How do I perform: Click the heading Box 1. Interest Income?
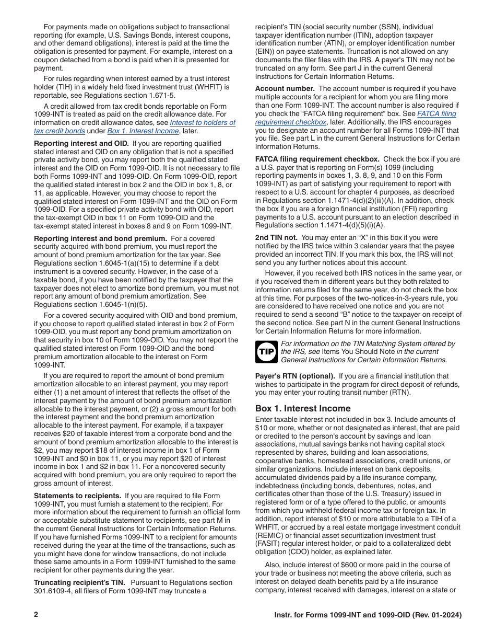(303, 408)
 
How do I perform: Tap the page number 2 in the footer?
(36, 615)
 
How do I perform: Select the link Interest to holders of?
(203, 122)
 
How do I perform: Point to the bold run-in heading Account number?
(285, 88)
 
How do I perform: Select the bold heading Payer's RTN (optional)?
(295, 376)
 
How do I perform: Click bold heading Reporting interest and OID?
(81, 143)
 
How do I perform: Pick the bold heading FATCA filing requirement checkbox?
(317, 159)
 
